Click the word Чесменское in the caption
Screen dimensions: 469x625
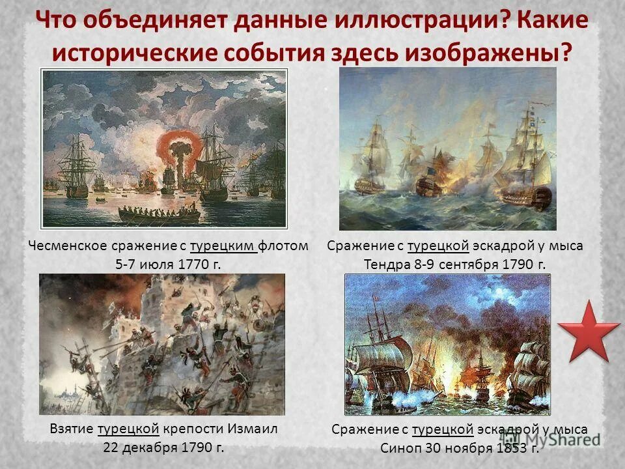tap(63, 246)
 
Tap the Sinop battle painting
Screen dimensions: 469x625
tap(447, 345)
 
